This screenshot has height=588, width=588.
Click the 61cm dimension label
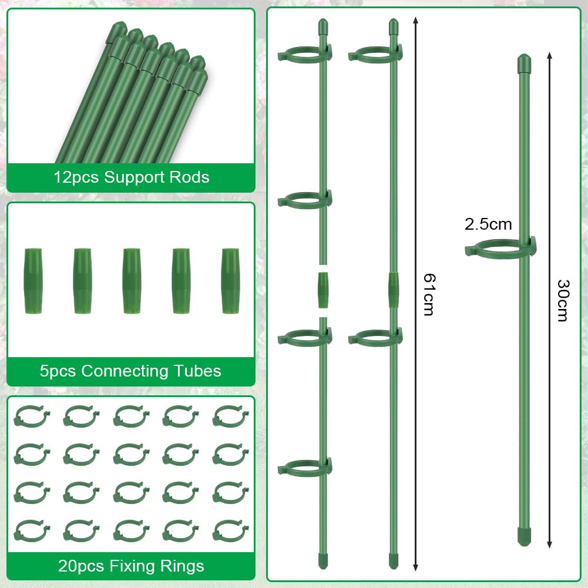coord(429,294)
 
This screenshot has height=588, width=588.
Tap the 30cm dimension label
coord(563,300)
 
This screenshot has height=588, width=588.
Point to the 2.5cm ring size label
coord(488,224)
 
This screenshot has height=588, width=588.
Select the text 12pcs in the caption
coord(77,177)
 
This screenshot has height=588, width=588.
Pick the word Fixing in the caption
coord(131,566)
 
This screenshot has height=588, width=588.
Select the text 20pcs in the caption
coord(81,566)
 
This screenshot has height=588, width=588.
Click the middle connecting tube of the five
coord(132,281)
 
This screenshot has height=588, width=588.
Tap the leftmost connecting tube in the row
coord(33,281)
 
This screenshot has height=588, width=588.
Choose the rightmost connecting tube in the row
coord(230,281)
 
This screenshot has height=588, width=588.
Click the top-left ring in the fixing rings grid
coord(32,416)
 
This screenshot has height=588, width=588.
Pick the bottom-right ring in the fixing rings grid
coord(230,531)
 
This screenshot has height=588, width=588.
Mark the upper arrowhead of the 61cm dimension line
coord(415,20)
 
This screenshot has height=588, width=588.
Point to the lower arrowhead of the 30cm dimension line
coord(549,545)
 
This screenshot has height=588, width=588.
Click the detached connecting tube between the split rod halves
coord(323,290)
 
